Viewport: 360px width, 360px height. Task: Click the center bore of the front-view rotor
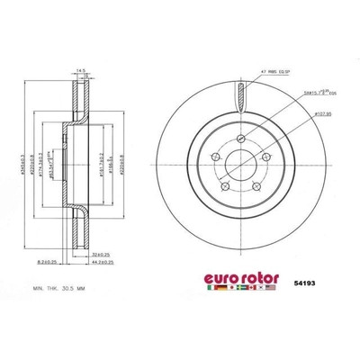pos(238,165)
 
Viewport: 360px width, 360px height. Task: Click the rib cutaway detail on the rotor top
pos(238,94)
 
